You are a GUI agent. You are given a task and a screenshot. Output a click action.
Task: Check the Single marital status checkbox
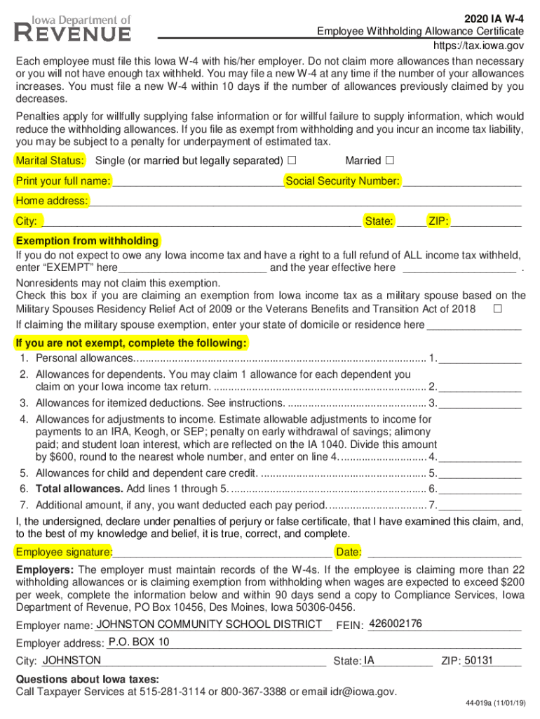click(292, 161)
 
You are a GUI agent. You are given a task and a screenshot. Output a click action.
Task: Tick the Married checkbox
click(390, 161)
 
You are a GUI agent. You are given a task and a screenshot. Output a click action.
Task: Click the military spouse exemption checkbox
click(498, 309)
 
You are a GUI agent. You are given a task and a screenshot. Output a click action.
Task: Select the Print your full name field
click(198, 183)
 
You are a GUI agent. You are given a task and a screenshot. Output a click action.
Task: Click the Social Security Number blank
click(462, 183)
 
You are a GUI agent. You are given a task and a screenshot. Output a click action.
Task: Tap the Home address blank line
click(305, 202)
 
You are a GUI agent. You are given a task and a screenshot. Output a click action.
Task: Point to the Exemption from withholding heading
click(88, 241)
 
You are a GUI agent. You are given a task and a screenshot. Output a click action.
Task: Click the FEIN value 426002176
click(395, 624)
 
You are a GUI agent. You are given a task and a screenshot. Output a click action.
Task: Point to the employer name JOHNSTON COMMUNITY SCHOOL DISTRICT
click(209, 624)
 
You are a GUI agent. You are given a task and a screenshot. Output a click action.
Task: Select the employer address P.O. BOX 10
click(139, 642)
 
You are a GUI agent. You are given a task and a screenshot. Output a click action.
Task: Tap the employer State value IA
click(370, 660)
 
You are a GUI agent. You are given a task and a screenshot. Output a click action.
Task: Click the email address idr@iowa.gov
click(351, 692)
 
